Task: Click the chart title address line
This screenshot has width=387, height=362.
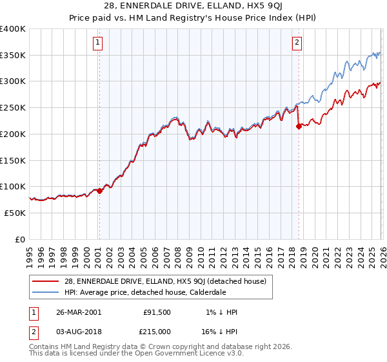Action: [193, 7]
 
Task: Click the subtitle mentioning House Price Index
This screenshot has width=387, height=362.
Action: [193, 19]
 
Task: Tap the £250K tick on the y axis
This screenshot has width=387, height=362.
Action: [13, 107]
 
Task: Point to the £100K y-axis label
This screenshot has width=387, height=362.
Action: [13, 186]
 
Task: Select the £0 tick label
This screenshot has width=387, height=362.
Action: [19, 239]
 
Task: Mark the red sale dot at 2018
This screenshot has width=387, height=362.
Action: [299, 127]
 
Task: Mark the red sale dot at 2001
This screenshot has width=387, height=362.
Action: [99, 191]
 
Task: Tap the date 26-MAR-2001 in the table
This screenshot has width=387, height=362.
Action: [79, 312]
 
